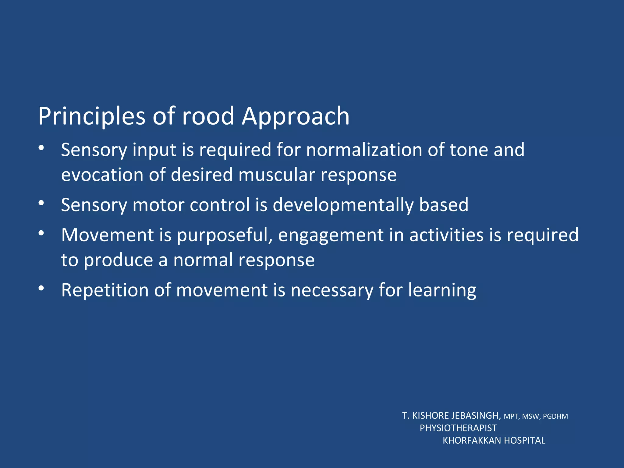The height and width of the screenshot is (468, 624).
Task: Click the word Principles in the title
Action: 91,116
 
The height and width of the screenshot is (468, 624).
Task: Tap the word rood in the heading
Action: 208,116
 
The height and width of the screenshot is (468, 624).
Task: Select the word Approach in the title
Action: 296,116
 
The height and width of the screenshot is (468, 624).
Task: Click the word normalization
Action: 364,150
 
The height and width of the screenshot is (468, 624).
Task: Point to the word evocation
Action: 102,175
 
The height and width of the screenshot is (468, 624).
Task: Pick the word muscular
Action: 276,175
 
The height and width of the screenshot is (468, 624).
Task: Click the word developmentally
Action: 343,205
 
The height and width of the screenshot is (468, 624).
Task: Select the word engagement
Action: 331,235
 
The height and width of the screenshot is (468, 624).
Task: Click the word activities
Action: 446,235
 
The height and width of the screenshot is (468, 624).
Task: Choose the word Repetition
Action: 105,290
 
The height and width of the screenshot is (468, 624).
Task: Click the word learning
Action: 442,290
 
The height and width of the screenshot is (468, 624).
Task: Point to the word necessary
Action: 332,290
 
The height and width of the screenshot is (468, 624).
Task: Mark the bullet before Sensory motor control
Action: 42,203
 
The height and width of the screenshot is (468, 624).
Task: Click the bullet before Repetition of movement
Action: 42,288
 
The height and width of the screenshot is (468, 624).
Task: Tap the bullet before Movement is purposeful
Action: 42,233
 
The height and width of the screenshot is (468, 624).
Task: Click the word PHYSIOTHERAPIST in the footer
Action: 458,428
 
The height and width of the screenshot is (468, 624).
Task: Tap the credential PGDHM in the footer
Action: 555,417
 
